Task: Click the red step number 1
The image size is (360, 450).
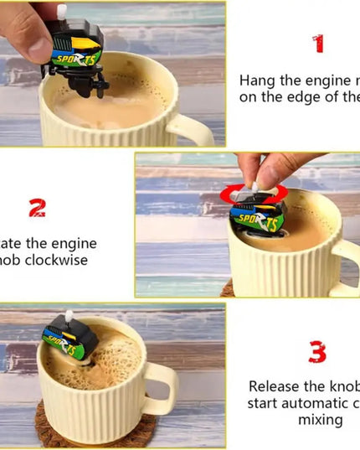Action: tap(317, 44)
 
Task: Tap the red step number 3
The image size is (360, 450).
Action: tap(317, 352)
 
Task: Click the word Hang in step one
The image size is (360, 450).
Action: tap(257, 81)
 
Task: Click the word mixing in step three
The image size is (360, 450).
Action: tap(321, 419)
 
